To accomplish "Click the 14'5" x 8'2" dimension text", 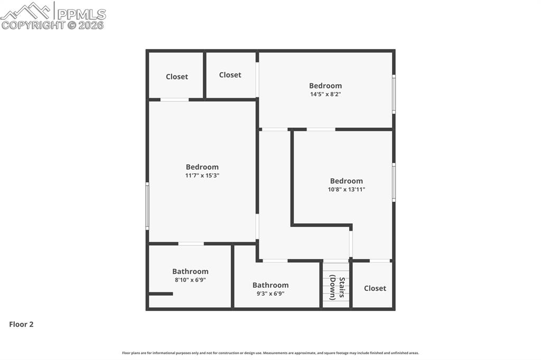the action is click(x=325, y=94).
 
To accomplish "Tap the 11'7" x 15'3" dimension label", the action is click(x=202, y=176).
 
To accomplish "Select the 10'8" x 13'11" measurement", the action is click(x=347, y=190).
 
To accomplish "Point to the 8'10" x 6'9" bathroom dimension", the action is click(x=190, y=280).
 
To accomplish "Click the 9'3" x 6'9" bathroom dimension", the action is click(x=270, y=294).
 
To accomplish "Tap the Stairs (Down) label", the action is click(x=337, y=287).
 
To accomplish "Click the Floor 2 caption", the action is click(x=21, y=324).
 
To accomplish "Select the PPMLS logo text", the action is click(x=81, y=14).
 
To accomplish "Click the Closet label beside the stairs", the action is click(x=375, y=288).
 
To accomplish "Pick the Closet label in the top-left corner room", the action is click(x=176, y=77).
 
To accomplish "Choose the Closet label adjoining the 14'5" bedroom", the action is click(x=230, y=75).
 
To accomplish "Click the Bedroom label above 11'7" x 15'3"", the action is click(x=202, y=167).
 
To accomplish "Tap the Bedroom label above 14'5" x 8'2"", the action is click(x=325, y=86).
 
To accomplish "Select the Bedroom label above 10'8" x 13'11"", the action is click(x=347, y=181).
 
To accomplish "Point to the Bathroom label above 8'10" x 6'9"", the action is click(x=190, y=271).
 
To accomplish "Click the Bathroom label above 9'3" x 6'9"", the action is click(x=270, y=285).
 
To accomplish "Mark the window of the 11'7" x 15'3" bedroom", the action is click(x=147, y=206).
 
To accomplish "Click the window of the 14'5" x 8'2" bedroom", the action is click(x=394, y=94).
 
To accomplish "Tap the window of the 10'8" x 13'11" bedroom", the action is click(x=394, y=183).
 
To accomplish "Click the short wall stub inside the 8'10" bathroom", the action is click(x=161, y=294).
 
